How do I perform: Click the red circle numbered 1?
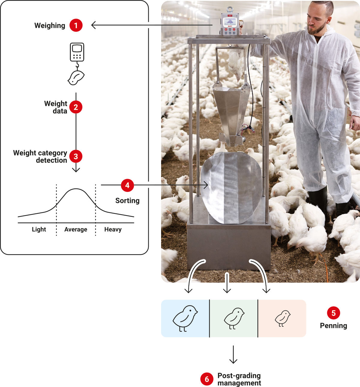(x=76, y=25)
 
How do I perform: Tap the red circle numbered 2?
(x=76, y=107)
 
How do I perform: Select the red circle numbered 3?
(x=76, y=156)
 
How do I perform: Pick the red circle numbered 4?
(x=127, y=185)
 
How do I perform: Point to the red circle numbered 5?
(x=333, y=313)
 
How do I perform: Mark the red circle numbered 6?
(x=207, y=379)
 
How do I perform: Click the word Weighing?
(x=50, y=26)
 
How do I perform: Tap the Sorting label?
(x=127, y=200)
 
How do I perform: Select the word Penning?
(x=333, y=325)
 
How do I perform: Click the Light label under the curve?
(x=39, y=229)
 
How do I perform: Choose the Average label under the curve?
(x=76, y=229)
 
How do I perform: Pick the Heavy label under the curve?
(x=113, y=229)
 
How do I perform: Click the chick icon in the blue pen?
(x=185, y=318)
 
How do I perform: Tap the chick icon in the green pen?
(x=234, y=318)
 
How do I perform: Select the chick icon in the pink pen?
(x=283, y=318)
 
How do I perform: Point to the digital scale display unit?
(x=230, y=24)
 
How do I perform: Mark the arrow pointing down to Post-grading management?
(x=233, y=355)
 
